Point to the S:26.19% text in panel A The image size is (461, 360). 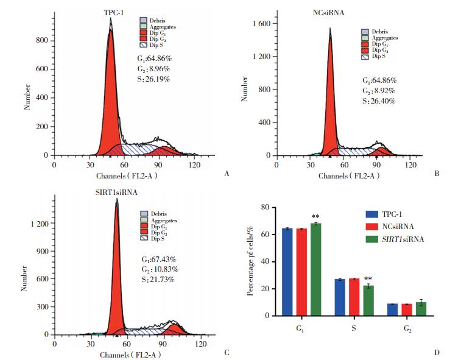click(153, 79)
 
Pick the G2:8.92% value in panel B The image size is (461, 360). click(378, 90)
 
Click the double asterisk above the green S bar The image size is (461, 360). click(368, 280)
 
